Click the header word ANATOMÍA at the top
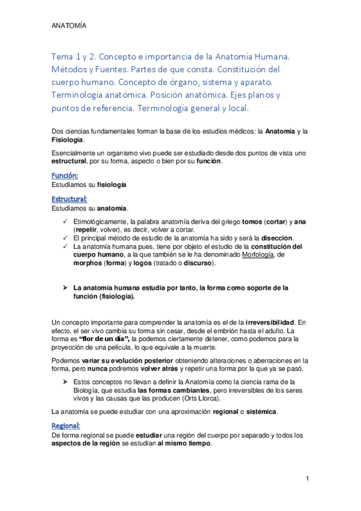[x=69, y=27]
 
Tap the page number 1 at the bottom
[x=307, y=478]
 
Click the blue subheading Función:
[x=65, y=175]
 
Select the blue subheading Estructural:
[x=70, y=199]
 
